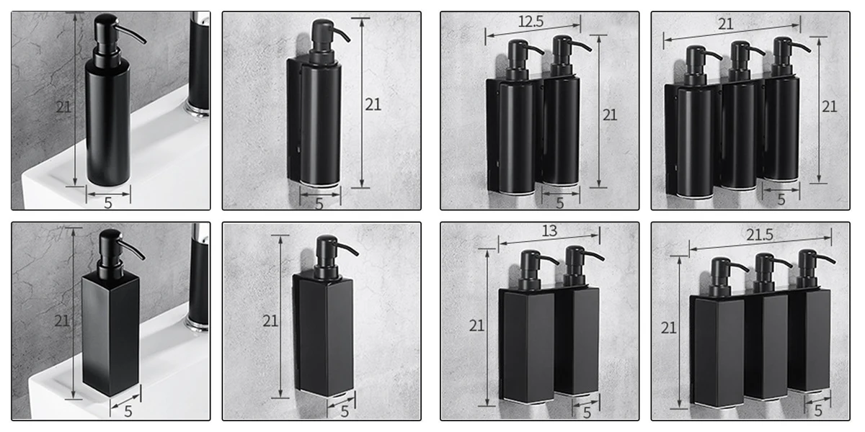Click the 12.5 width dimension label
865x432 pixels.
tap(531, 22)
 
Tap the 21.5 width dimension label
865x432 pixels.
tap(760, 235)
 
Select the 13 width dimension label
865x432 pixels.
tap(549, 230)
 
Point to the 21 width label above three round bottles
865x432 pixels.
tap(726, 24)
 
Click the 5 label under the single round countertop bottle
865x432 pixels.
tap(108, 203)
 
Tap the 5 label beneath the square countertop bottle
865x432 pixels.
tap(128, 412)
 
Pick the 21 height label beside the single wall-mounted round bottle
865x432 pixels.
tap(373, 104)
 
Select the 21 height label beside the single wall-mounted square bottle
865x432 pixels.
tap(270, 321)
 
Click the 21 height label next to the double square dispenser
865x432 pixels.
tap(476, 326)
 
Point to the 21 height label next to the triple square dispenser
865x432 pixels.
tap(668, 328)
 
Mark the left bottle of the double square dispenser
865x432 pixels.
tap(528, 327)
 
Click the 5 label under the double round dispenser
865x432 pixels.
tap(560, 203)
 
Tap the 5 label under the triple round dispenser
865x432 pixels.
tap(781, 199)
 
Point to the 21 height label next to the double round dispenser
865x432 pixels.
tap(610, 115)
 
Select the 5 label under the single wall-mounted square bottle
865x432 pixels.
tap(345, 412)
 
